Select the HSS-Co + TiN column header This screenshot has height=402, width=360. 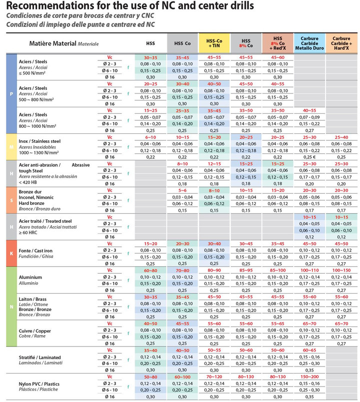[214, 43]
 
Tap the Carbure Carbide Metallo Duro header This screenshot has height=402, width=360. [309, 43]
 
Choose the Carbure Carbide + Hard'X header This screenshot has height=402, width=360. [341, 43]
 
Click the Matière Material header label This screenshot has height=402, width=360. [52, 43]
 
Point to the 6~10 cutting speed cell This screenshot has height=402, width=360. [150, 137]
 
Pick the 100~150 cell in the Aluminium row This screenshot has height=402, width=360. [341, 270]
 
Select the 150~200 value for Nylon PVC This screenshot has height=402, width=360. [309, 377]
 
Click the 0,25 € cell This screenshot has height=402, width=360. [309, 157]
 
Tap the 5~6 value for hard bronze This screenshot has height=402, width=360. [182, 190]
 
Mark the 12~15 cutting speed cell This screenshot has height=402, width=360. [214, 164]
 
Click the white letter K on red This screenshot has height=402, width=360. [11, 253]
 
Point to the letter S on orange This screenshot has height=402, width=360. [11, 200]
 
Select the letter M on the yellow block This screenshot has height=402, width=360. [11, 147]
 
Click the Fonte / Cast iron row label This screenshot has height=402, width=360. [35, 251]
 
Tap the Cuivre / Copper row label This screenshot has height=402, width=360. [34, 331]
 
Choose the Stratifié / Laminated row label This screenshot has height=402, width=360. [39, 358]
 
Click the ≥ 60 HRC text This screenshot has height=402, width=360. [27, 233]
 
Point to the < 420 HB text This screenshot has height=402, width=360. [27, 182]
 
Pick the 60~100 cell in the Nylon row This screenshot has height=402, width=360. [182, 377]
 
